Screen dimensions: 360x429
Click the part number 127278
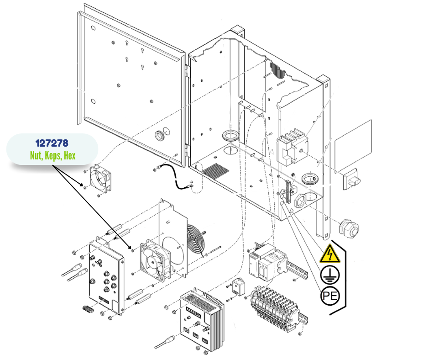tap(52, 143)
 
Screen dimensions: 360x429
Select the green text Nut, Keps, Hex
tap(52, 156)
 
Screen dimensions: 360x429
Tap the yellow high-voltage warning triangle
tap(330, 254)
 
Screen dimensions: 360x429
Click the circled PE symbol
tap(330, 296)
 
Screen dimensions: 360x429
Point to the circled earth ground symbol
tap(330, 275)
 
